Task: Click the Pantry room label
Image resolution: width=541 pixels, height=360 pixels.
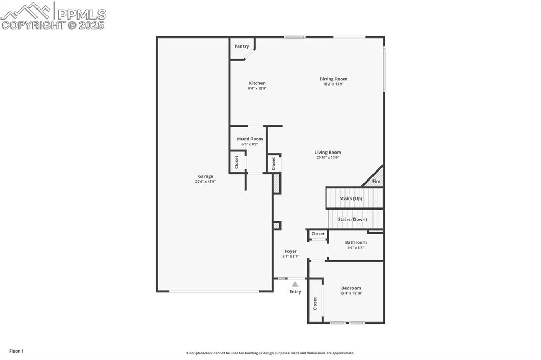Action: (241, 46)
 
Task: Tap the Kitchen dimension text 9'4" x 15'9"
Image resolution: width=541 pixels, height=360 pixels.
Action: (257, 88)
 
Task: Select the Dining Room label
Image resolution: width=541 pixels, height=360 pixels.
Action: (333, 79)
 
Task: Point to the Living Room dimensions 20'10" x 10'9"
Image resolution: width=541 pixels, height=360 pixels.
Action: (328, 157)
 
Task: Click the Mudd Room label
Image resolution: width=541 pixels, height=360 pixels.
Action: (249, 139)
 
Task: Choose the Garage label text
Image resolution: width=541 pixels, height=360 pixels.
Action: (206, 176)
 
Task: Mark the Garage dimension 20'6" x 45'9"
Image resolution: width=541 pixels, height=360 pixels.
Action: (206, 182)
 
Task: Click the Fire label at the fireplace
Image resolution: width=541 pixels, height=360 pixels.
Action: (376, 182)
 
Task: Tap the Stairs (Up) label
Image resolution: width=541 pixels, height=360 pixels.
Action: (351, 198)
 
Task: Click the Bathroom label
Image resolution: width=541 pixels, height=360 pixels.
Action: (356, 242)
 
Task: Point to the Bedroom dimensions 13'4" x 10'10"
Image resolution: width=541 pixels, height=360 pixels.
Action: (351, 293)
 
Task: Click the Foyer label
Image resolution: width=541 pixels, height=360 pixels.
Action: (291, 251)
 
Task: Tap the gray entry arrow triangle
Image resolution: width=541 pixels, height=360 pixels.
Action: (295, 284)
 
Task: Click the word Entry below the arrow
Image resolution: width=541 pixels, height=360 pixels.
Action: (295, 292)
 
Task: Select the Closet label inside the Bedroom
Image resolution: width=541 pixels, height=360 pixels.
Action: (315, 304)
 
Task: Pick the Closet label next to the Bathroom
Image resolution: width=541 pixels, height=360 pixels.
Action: (318, 234)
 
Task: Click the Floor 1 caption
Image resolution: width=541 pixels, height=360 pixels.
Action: (16, 351)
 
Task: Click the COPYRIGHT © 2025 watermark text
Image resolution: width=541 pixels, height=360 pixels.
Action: (53, 25)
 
